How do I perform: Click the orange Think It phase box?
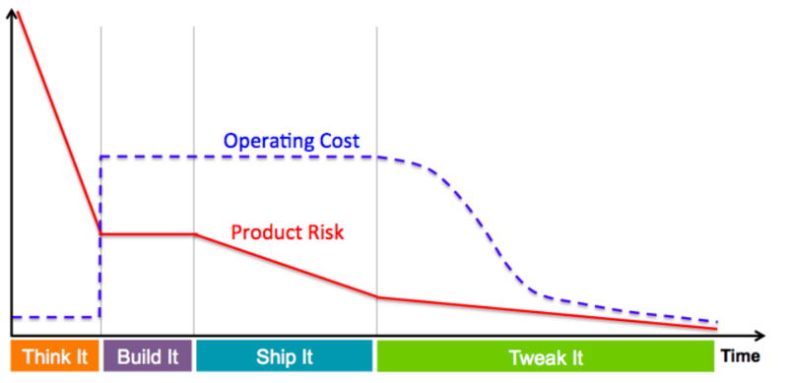[55, 356]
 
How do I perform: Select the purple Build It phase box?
[148, 356]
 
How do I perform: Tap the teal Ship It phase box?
[285, 356]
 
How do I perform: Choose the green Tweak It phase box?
[543, 356]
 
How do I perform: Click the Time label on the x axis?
[744, 356]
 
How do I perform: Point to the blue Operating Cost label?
[292, 140]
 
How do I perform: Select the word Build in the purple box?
[139, 356]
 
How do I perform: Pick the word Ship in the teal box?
[276, 356]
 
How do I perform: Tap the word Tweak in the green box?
[533, 356]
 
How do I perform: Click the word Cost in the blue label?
[338, 140]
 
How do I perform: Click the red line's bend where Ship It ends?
[377, 296]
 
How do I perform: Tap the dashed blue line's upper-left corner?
[101, 157]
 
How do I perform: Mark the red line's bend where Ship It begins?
[194, 234]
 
